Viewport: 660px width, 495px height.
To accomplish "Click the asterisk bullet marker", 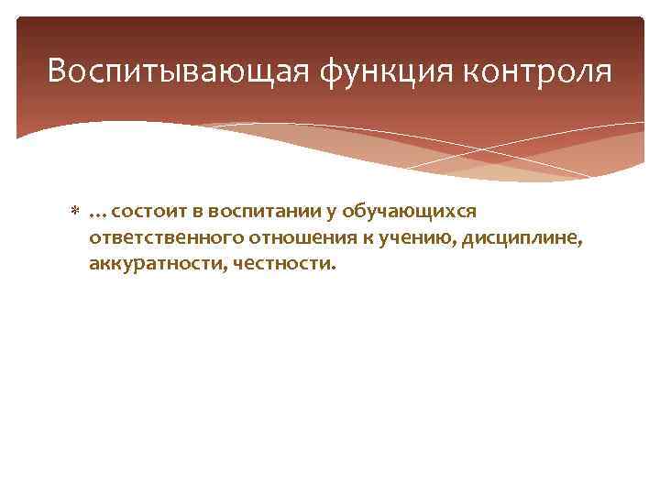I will click(76, 213).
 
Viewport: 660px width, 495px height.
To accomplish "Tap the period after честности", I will click(335, 269).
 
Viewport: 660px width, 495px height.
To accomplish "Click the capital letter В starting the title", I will click(57, 71).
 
